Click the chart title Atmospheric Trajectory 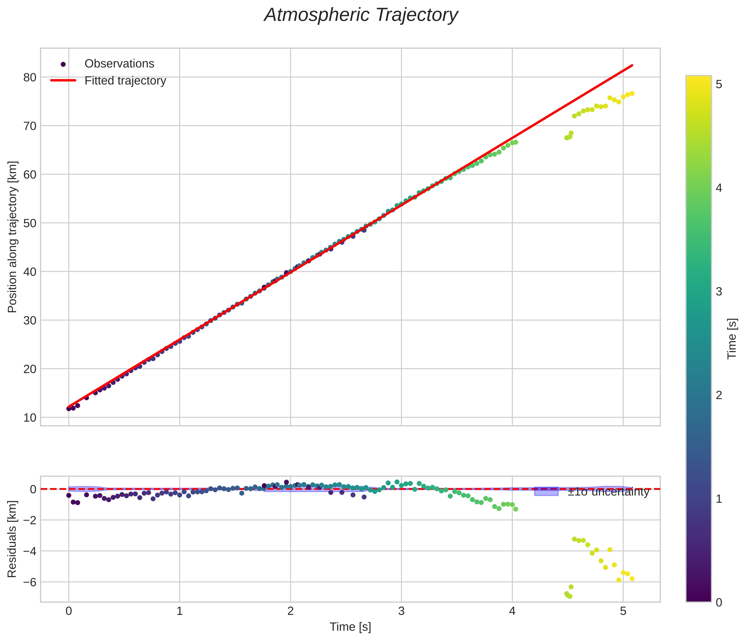coord(361,15)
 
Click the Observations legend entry coord(119,64)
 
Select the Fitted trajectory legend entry coord(125,81)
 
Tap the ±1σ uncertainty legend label coord(608,492)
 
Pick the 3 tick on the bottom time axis coord(401,611)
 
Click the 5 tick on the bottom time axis coord(623,611)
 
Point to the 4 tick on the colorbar coord(719,188)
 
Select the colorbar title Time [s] coord(732,339)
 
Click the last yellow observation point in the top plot coord(632,93)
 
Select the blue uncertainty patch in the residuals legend coord(546,492)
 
